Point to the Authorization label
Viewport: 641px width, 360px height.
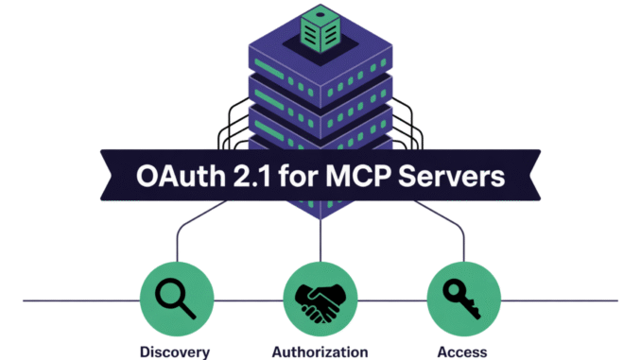coord(320,351)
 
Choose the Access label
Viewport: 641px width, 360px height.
coord(463,351)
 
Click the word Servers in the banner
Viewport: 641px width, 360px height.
coord(459,178)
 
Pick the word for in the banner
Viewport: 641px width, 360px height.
coord(308,178)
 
